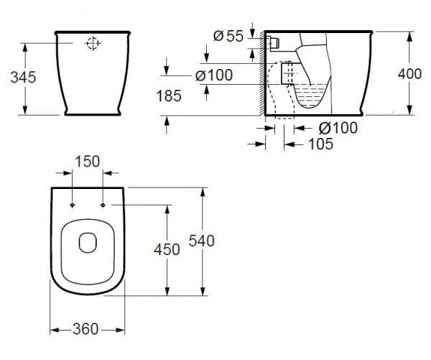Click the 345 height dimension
(23, 78)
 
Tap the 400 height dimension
(409, 74)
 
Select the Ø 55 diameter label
(228, 36)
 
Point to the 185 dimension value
(169, 96)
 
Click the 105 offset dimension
(321, 144)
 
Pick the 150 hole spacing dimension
(88, 162)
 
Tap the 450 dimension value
(167, 249)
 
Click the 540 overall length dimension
(201, 241)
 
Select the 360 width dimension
(85, 329)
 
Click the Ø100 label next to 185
(214, 75)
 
